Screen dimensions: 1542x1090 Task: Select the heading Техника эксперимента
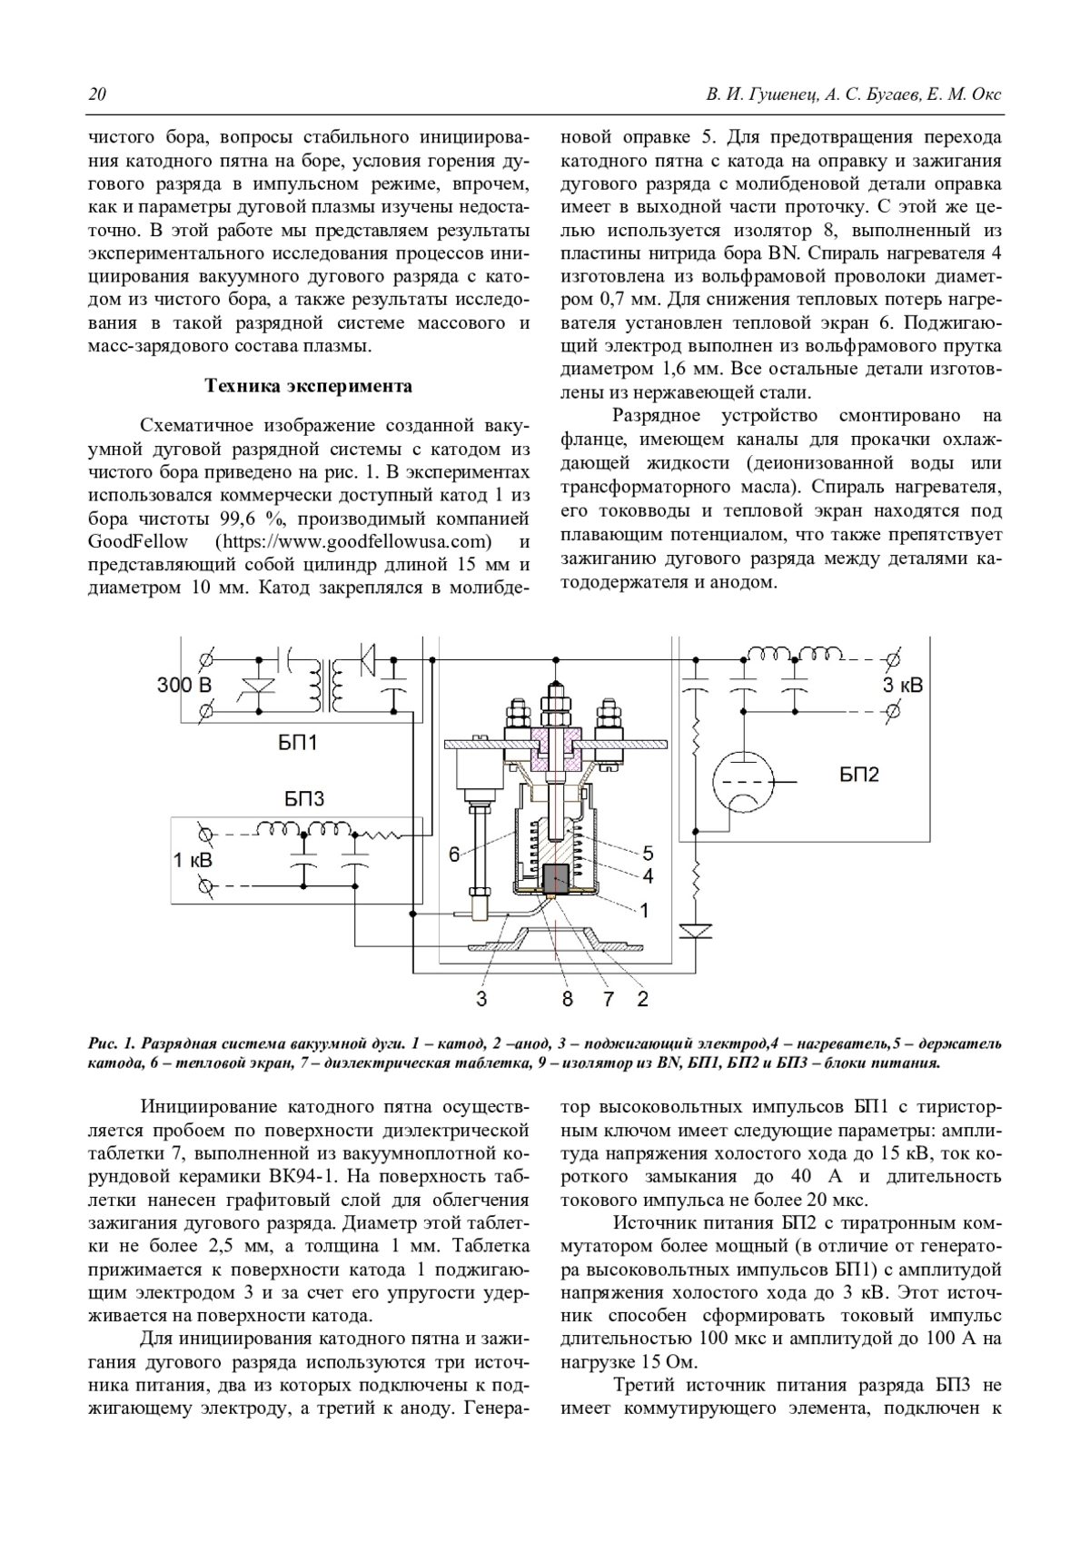[309, 386]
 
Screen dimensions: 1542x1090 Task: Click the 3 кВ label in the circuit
[902, 685]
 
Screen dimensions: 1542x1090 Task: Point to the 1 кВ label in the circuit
[193, 859]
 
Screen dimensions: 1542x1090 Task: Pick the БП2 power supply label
[858, 774]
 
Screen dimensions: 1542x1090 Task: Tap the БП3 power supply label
[304, 799]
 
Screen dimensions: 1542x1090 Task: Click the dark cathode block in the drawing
[554, 878]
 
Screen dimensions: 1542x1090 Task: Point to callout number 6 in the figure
[454, 854]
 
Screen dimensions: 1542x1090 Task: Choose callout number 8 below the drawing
[568, 999]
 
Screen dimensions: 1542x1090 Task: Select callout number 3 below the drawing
[481, 999]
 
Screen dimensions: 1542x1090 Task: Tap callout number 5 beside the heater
[648, 853]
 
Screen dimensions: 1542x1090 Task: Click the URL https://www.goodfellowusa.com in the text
[353, 542]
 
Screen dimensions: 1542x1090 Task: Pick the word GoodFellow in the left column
[138, 542]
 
